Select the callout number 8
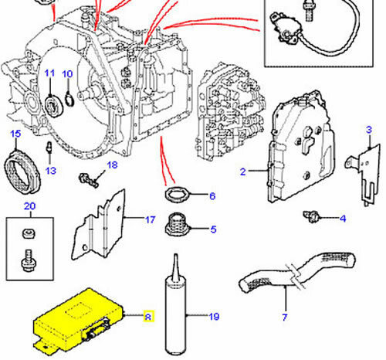click(150, 315)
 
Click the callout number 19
click(215, 316)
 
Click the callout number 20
click(29, 206)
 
